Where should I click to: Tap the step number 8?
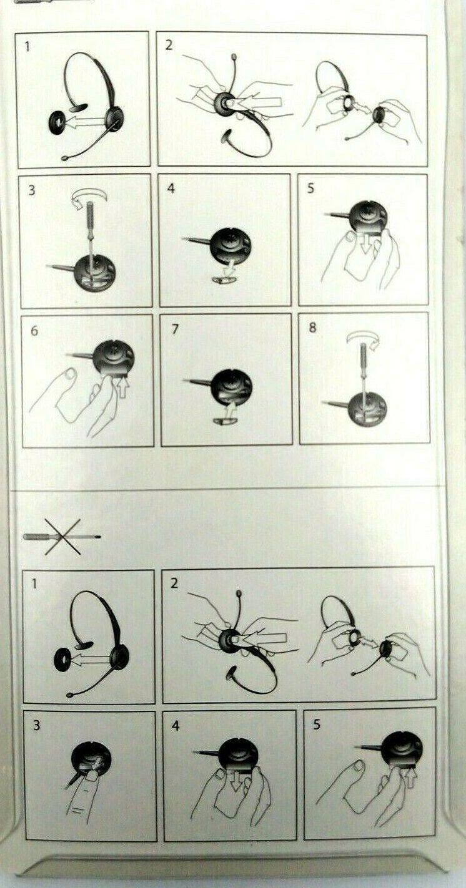coord(312,328)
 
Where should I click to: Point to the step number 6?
coord(34,331)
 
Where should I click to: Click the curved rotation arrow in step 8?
coord(363,339)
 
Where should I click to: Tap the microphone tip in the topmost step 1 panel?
coord(64,158)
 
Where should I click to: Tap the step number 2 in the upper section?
coord(169,45)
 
